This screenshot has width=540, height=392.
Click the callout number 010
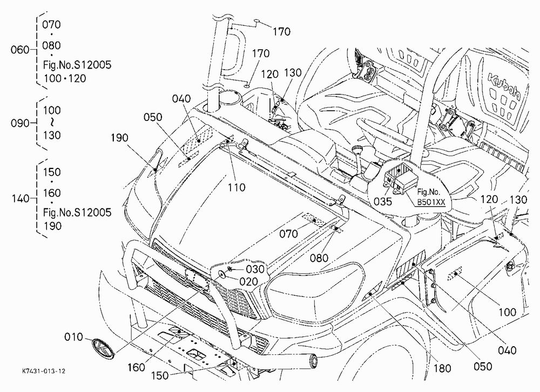pos(73,337)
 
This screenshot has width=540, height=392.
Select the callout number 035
pos(383,201)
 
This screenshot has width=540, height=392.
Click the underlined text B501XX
pos(431,202)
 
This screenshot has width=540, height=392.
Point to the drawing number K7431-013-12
pos(44,371)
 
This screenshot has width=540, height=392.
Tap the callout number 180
pos(442,369)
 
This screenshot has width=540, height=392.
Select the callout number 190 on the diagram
pos(119,138)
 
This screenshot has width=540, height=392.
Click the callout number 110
pos(237,187)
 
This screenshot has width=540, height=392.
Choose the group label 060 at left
pos(20,50)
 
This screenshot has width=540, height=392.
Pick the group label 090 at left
pos(20,123)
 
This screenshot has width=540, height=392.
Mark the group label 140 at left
pos(21,199)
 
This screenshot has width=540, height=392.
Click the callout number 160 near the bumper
pos(137,368)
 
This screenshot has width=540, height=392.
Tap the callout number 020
pos(248,282)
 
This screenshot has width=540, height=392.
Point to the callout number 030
pos(255,269)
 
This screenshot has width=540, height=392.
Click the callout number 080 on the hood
pos(319,258)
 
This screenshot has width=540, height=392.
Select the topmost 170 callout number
pos(282,32)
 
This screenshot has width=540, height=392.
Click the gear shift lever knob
pos(356,150)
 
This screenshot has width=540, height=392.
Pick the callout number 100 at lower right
pos(507,313)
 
